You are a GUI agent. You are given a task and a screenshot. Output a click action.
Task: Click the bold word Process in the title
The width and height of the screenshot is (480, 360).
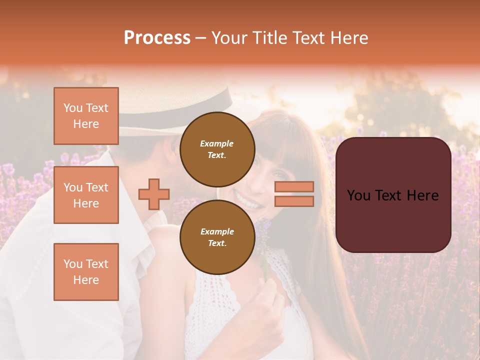157,38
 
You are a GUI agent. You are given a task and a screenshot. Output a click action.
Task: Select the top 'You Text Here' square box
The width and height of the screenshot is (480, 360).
86,116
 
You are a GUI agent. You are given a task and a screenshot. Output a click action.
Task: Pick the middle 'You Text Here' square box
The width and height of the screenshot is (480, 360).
86,195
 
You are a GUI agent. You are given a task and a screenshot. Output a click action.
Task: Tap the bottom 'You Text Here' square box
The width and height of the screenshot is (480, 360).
86,272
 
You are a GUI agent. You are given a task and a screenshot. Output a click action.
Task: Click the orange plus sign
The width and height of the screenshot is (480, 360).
154,194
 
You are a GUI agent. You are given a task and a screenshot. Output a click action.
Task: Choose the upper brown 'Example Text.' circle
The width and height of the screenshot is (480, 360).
217,149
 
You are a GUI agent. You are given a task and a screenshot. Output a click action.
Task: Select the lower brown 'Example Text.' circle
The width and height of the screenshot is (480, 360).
217,237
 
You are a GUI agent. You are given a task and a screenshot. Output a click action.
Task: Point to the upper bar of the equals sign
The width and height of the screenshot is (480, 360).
294,187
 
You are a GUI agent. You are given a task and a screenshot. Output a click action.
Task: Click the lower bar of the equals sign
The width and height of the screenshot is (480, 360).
294,201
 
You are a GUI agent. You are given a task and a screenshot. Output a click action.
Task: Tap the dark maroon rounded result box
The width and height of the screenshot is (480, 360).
393,195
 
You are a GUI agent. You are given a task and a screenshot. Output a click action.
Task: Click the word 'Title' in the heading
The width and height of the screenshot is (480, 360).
270,38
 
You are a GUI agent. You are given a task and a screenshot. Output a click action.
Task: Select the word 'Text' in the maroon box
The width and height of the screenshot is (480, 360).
392,195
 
